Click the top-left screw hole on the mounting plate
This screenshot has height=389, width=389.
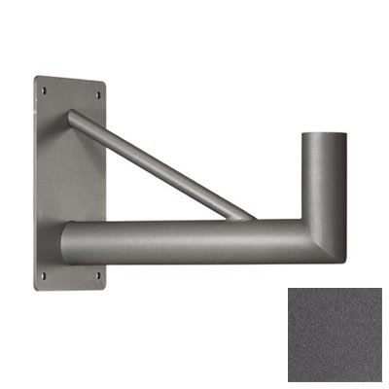click(x=44, y=88)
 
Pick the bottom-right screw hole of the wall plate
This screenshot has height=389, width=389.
click(x=96, y=275)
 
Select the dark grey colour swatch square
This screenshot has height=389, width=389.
click(x=336, y=336)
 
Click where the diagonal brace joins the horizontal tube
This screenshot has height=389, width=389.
click(x=238, y=212)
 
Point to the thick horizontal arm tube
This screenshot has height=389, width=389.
click(x=185, y=243)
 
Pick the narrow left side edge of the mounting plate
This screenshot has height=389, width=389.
click(x=36, y=185)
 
